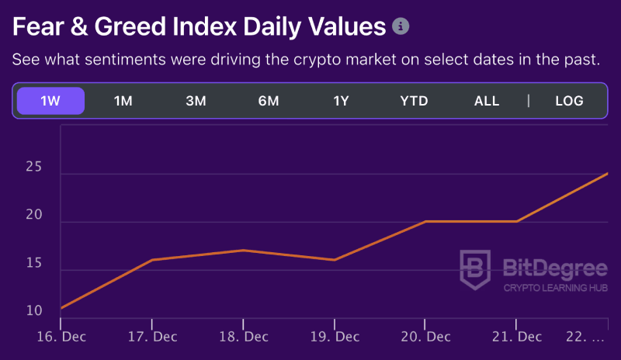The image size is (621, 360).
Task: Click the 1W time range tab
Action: [50, 101]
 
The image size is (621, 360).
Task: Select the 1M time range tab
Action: [123, 101]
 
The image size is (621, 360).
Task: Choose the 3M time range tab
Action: [196, 101]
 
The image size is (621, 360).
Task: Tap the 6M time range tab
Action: [269, 101]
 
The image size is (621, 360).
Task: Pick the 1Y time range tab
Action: [342, 101]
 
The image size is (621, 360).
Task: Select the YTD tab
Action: [414, 101]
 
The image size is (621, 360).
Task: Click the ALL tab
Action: [487, 101]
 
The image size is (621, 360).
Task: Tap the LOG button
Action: [569, 101]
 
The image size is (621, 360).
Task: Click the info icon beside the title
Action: [401, 26]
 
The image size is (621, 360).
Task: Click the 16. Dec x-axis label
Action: [61, 337]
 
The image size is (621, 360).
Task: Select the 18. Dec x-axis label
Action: [243, 337]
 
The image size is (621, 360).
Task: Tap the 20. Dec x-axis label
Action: [425, 337]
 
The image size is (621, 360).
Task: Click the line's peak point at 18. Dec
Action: [243, 250]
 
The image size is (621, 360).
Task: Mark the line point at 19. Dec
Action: [335, 260]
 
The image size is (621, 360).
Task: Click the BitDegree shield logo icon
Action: [474, 269]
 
